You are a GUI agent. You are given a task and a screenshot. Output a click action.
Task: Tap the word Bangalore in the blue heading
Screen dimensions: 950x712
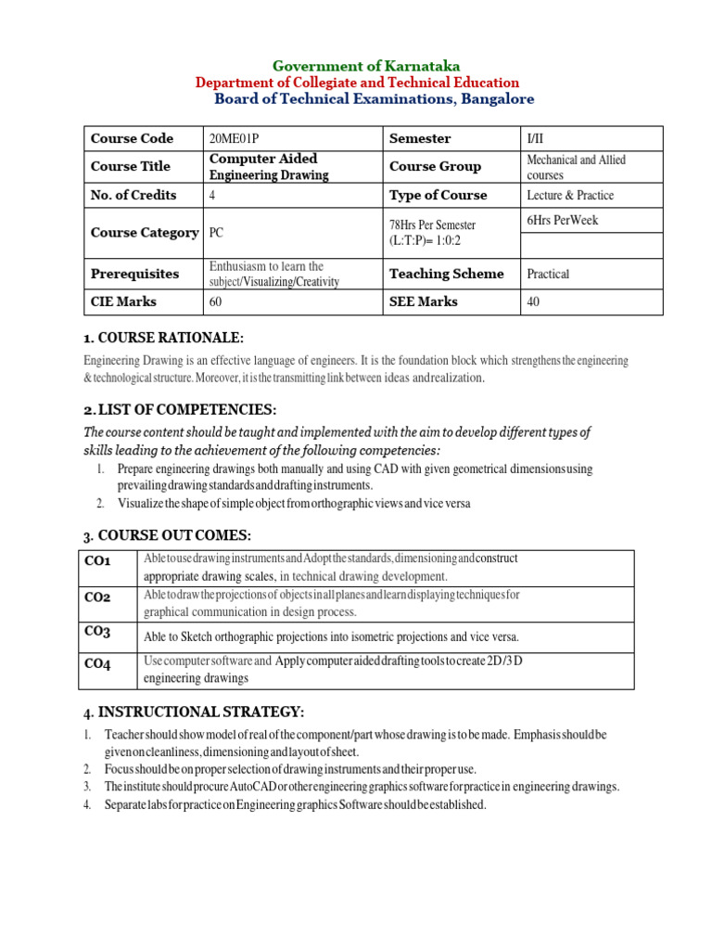click(495, 99)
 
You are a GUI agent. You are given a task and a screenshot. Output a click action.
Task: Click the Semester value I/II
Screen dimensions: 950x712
click(537, 138)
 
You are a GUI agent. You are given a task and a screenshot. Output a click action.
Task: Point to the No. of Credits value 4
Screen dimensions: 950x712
click(213, 196)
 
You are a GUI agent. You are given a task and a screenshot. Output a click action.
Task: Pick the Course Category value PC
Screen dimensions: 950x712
click(217, 233)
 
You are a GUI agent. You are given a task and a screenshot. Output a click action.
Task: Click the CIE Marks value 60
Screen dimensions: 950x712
click(216, 302)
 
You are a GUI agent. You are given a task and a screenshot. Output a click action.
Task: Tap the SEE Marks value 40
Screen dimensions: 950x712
click(533, 302)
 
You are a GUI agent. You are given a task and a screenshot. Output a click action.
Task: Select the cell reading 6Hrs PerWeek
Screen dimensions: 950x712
click(562, 220)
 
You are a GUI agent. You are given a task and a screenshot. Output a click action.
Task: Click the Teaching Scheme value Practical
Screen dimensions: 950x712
click(548, 274)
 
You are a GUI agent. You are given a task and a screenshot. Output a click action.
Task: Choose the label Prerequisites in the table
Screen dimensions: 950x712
click(134, 274)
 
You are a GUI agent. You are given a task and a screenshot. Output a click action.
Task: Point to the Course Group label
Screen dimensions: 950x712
click(435, 167)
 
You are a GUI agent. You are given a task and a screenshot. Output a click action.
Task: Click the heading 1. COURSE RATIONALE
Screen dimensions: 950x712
click(163, 337)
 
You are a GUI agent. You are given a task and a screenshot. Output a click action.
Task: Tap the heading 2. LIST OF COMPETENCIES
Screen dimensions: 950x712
click(180, 410)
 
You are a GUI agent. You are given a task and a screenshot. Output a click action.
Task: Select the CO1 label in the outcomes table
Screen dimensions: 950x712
click(97, 561)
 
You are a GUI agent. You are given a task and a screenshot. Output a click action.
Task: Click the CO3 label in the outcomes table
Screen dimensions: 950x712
click(97, 632)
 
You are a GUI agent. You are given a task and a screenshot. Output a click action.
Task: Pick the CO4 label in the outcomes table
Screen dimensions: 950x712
click(97, 663)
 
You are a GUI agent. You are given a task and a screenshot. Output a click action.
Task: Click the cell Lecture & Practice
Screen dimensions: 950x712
click(570, 196)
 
